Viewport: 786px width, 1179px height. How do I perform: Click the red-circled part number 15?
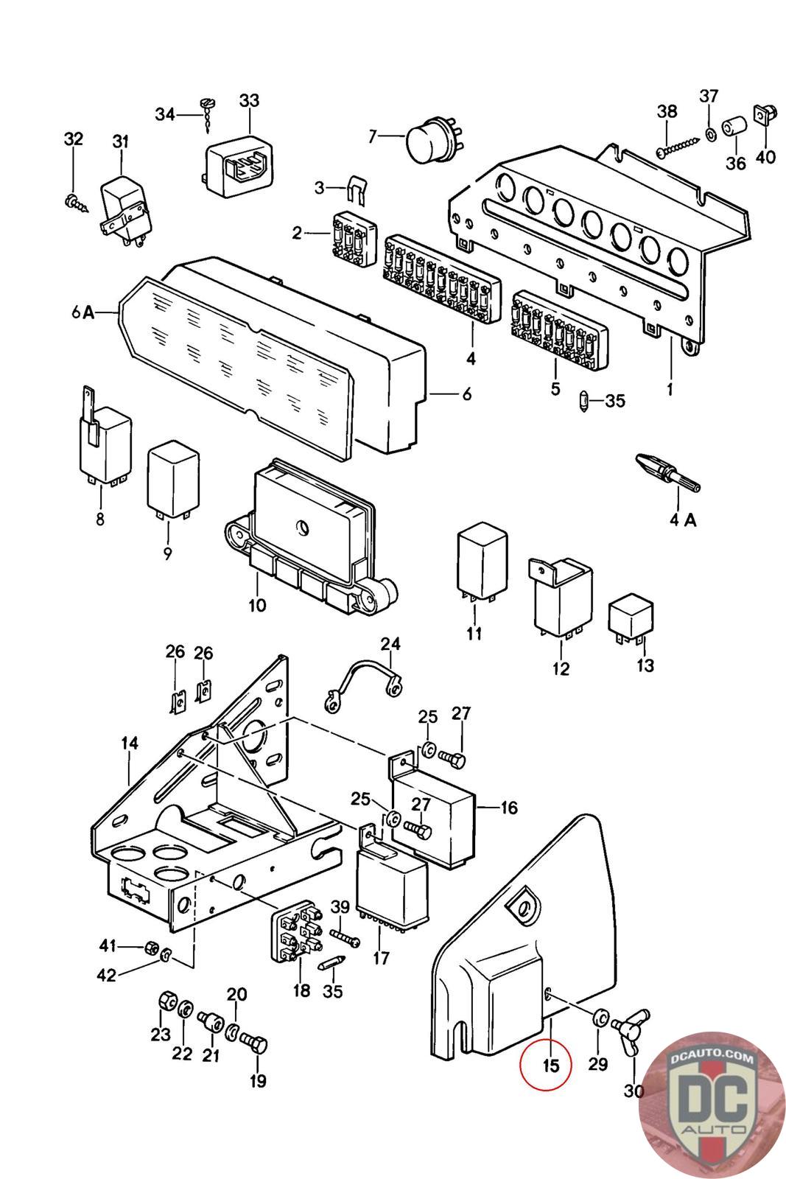coord(545,1066)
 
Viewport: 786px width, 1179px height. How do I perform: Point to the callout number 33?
coord(250,100)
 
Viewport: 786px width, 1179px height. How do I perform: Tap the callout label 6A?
coord(83,312)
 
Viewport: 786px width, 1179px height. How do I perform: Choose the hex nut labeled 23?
coord(166,1003)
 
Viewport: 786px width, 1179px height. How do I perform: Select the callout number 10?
coord(257,605)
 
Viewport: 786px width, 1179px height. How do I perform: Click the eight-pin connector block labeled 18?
coord(295,936)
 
